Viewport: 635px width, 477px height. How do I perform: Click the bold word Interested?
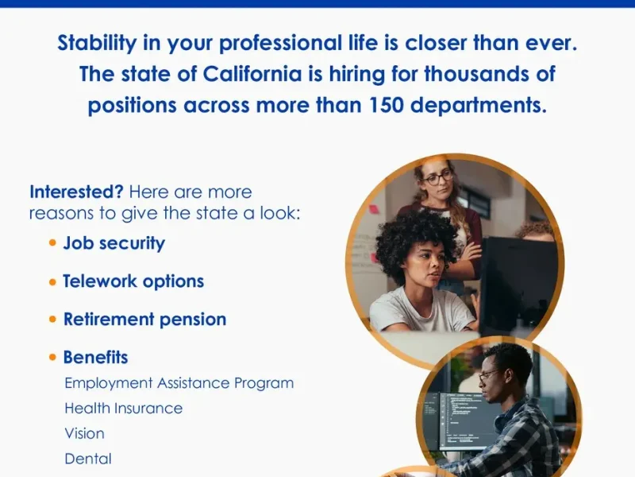(76, 192)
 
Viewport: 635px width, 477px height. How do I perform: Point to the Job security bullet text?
(114, 243)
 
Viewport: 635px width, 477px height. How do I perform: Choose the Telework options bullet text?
(133, 281)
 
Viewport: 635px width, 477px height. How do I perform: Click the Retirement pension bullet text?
(144, 320)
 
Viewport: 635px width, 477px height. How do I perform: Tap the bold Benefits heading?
(95, 358)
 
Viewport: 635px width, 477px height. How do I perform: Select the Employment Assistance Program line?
(179, 383)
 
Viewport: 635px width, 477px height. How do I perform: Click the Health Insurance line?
(123, 409)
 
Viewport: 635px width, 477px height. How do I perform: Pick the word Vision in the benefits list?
(84, 434)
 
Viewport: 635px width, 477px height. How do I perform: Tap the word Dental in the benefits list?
(87, 459)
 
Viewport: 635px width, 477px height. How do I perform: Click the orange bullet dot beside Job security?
(53, 243)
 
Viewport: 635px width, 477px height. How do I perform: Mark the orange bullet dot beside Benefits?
(53, 358)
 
